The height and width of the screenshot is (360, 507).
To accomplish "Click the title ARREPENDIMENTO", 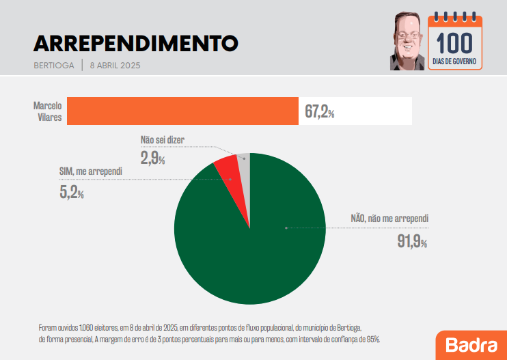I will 135,43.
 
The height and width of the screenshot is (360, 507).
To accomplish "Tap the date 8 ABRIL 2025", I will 115,66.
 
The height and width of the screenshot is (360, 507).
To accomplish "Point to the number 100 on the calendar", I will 454,44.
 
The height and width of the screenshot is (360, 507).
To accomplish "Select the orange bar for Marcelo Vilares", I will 183,111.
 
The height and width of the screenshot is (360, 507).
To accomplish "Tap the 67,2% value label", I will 319,111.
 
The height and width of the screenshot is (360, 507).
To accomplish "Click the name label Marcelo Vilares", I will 48,111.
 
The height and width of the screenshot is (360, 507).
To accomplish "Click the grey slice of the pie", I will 244,164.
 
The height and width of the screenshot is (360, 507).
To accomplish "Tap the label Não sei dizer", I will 162,140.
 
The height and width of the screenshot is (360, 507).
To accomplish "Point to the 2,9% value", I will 152,158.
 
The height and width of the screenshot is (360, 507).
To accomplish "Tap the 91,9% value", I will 411,241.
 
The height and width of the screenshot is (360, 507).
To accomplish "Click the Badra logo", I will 471,345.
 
